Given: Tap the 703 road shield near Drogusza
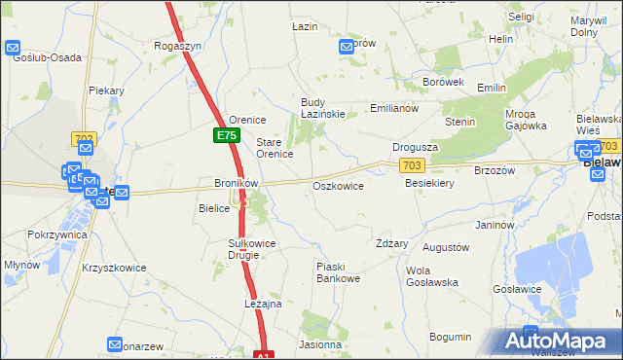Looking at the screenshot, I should [411, 166].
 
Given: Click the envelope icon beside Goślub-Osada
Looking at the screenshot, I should [14, 47].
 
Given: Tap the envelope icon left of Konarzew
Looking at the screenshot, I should [116, 345].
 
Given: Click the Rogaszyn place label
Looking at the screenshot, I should [178, 45].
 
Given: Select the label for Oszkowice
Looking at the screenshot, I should [338, 186].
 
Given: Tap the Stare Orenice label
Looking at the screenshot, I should [275, 148].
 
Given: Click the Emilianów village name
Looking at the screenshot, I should [394, 108].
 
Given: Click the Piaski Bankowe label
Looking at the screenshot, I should [338, 272].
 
